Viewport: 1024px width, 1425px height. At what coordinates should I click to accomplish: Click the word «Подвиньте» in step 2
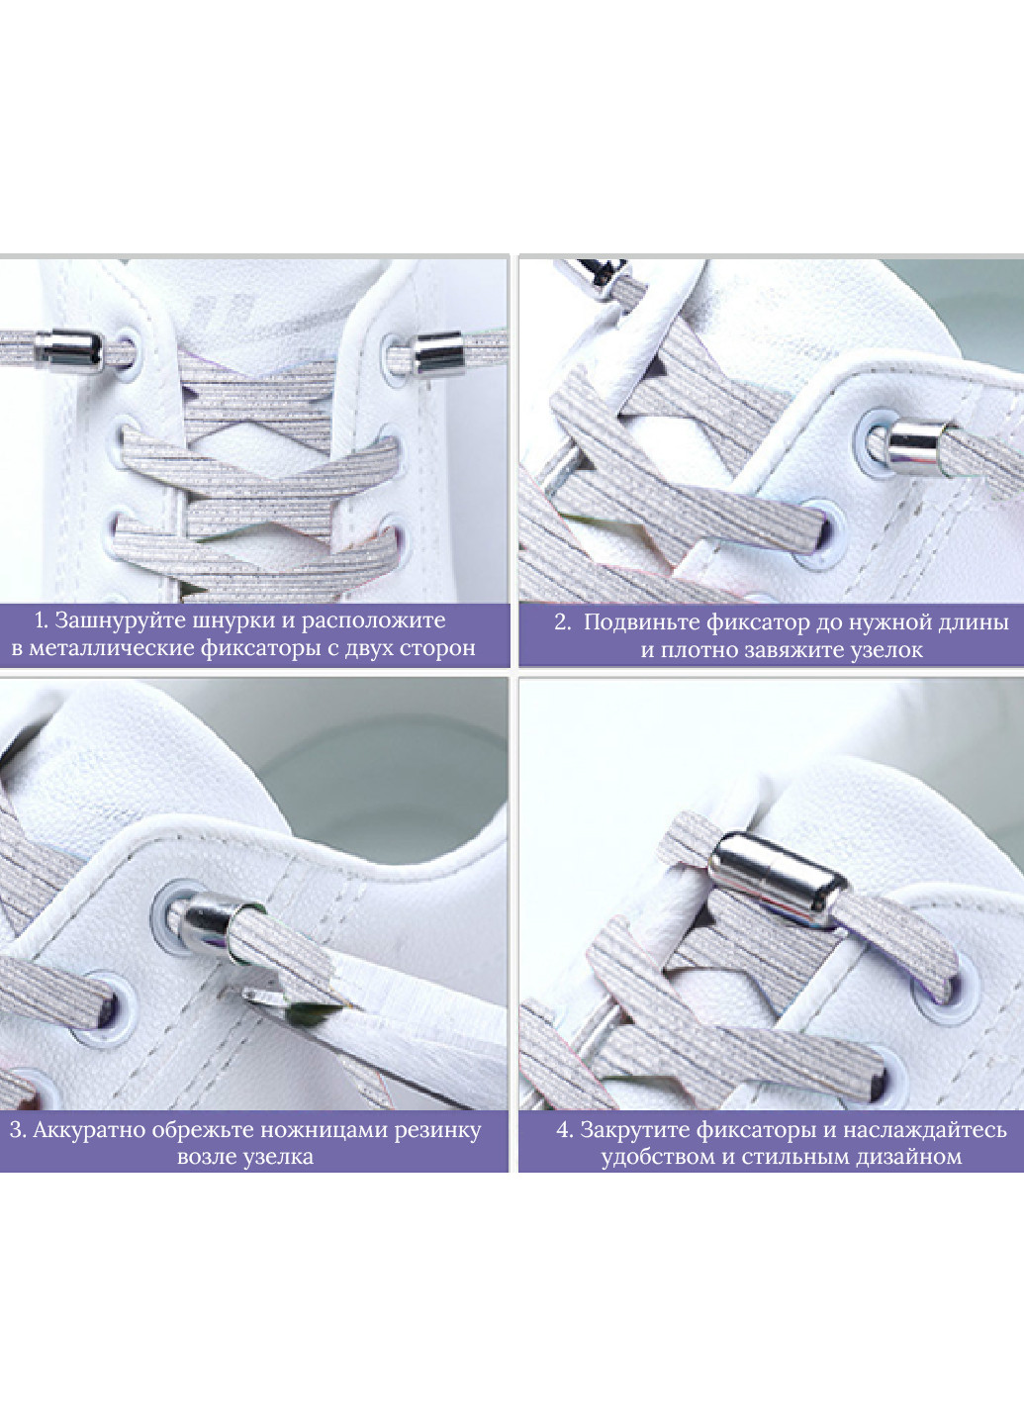pyautogui.click(x=641, y=622)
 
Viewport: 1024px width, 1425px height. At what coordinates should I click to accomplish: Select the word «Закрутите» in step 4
pyautogui.click(x=634, y=1130)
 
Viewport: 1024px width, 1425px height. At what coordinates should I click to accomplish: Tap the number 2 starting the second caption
pyautogui.click(x=561, y=622)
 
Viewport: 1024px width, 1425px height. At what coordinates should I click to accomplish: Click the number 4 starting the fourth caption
pyautogui.click(x=564, y=1131)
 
